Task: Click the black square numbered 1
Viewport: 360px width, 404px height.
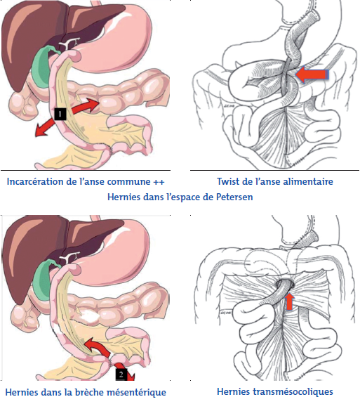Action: (x=60, y=114)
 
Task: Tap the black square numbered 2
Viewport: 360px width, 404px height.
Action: (x=121, y=374)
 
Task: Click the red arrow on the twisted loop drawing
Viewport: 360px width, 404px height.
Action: (x=312, y=74)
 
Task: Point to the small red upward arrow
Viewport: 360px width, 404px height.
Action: (x=290, y=301)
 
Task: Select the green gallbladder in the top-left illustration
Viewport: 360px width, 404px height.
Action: (x=41, y=66)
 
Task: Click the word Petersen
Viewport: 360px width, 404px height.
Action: (x=234, y=197)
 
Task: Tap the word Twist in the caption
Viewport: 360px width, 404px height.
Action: (x=227, y=182)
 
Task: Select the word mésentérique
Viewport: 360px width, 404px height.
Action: (x=136, y=393)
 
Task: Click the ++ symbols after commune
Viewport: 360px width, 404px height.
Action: (x=159, y=182)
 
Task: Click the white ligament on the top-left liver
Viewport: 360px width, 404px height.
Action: (x=69, y=44)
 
